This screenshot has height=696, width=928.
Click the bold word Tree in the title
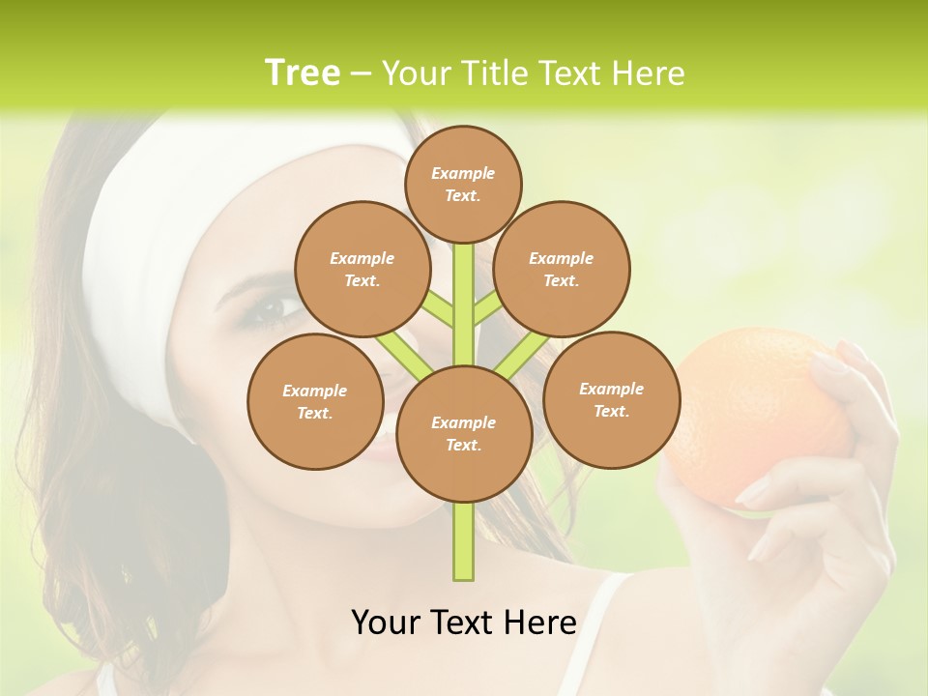303,72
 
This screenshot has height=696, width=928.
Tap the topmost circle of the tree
463,184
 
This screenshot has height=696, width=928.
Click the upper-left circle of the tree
362,269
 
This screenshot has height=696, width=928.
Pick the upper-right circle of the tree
561,269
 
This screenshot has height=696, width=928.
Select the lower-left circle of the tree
314,401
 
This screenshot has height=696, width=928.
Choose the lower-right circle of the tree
611,399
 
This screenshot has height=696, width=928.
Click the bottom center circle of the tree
464,434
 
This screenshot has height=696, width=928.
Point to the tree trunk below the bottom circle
463,541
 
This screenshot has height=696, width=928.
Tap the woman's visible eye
268,309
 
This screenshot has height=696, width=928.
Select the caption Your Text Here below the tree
463,623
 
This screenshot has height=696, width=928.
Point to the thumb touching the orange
773,483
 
